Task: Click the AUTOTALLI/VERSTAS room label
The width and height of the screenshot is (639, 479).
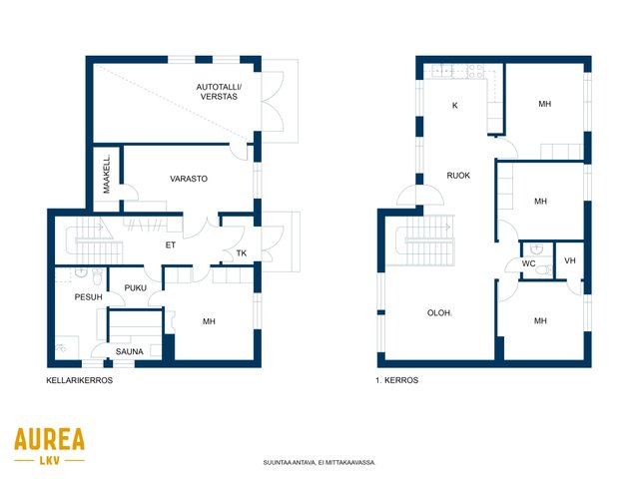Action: (x=219, y=92)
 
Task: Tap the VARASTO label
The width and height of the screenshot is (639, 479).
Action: (x=189, y=179)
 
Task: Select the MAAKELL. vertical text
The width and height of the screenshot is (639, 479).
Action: (x=107, y=174)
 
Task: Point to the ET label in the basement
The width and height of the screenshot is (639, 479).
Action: (x=171, y=244)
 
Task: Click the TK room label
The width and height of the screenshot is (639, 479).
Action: (x=242, y=253)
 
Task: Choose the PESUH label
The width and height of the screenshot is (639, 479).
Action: (x=89, y=297)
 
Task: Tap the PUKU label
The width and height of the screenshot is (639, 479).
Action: (x=136, y=288)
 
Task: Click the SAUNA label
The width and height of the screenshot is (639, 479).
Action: (x=129, y=351)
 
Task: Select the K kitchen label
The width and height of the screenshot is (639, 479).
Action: (x=455, y=106)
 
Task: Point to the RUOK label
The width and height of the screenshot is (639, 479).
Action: (x=458, y=176)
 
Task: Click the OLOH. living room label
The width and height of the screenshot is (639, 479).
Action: (x=439, y=313)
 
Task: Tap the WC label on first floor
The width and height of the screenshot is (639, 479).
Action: (x=528, y=263)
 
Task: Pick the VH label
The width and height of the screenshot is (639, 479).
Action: (x=570, y=260)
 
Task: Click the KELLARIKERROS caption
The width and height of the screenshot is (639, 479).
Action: (x=80, y=380)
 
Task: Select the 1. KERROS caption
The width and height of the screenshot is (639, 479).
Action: (x=397, y=380)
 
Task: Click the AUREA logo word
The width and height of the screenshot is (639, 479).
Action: (x=49, y=439)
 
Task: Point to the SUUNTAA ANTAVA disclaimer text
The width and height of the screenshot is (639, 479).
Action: (x=319, y=463)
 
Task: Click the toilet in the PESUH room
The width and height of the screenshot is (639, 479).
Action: (x=97, y=276)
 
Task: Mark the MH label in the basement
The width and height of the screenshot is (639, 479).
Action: (x=209, y=321)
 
